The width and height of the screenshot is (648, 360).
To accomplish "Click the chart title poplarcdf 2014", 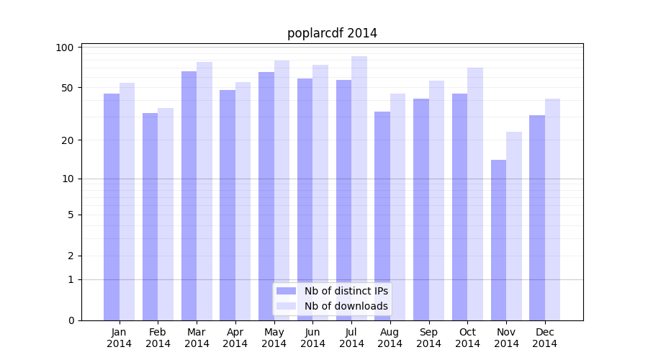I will coord(332,33).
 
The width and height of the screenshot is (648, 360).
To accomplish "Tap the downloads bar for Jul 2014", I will coord(359,188).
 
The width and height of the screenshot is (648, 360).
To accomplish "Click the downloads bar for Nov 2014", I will coord(514,226).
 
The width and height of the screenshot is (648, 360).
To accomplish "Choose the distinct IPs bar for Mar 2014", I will coord(189,196).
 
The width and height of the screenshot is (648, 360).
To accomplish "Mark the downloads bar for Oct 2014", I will coord(475,194).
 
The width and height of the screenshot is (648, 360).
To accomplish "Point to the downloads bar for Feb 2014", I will coord(166,214).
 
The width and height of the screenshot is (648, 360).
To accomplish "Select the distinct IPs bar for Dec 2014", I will coord(537,217).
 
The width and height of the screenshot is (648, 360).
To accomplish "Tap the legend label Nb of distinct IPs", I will coord(346,291).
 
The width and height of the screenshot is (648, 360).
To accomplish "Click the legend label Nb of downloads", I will coord(346,306).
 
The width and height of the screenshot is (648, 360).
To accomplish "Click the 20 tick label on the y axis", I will coord(68,140).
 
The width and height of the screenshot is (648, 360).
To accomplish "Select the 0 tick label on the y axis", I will coord(71,320).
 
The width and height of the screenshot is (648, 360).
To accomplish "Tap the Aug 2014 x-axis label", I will coord(390,338).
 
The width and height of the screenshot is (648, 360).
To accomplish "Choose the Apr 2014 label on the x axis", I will coord(235,338).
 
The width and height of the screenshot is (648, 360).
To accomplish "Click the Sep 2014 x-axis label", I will coord(428,338).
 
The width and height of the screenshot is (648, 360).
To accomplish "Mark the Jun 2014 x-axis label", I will coord(312,338).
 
